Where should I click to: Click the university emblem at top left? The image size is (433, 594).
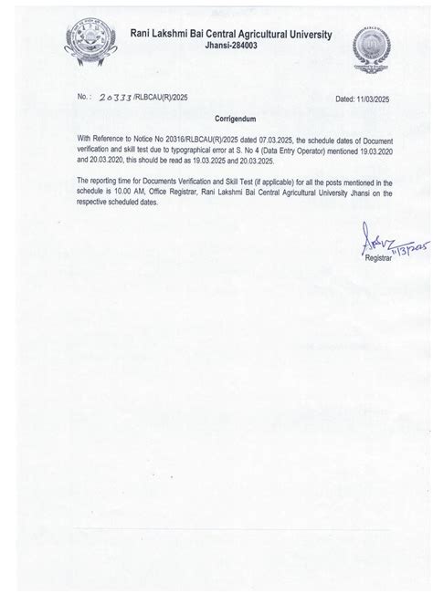click(x=80, y=43)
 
